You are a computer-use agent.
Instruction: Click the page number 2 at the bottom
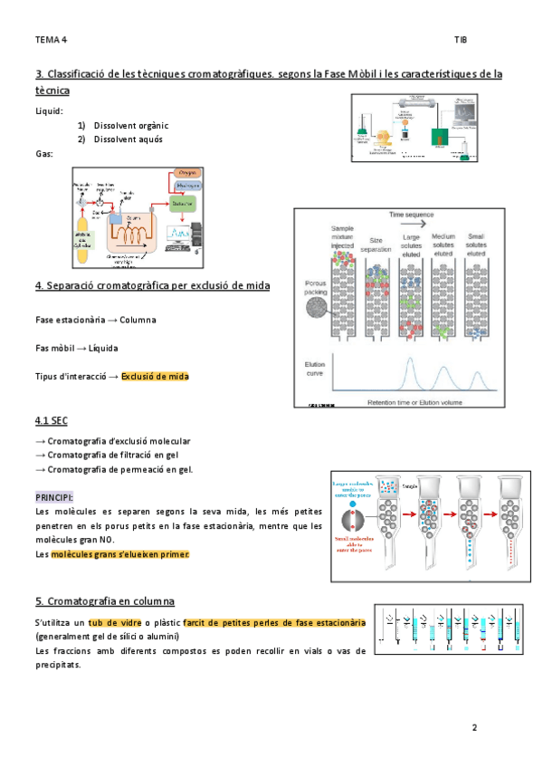tap(473, 727)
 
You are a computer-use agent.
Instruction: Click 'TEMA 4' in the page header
tap(51, 40)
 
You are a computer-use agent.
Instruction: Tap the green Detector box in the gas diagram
tap(182, 205)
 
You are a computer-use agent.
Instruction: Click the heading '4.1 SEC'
tap(52, 421)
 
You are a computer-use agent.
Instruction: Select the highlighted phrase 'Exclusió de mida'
tap(155, 377)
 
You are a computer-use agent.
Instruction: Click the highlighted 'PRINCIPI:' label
tap(54, 498)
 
